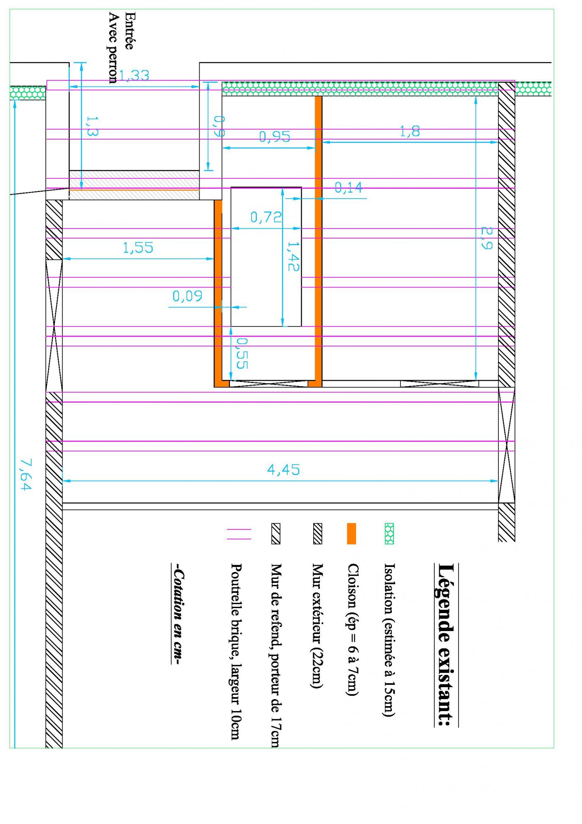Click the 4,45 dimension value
[284, 470]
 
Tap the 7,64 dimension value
[25, 475]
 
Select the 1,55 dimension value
[138, 248]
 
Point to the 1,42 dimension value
[293, 256]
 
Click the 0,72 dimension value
[266, 217]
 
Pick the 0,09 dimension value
[187, 296]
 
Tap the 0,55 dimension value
[242, 353]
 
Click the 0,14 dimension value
[348, 188]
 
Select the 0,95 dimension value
[275, 137]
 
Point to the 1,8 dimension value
[410, 132]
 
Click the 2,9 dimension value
[486, 238]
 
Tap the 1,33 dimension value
[134, 76]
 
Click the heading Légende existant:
[446, 645]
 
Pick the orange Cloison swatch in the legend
[351, 534]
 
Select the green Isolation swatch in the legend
[389, 534]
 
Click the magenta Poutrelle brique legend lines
[239, 534]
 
